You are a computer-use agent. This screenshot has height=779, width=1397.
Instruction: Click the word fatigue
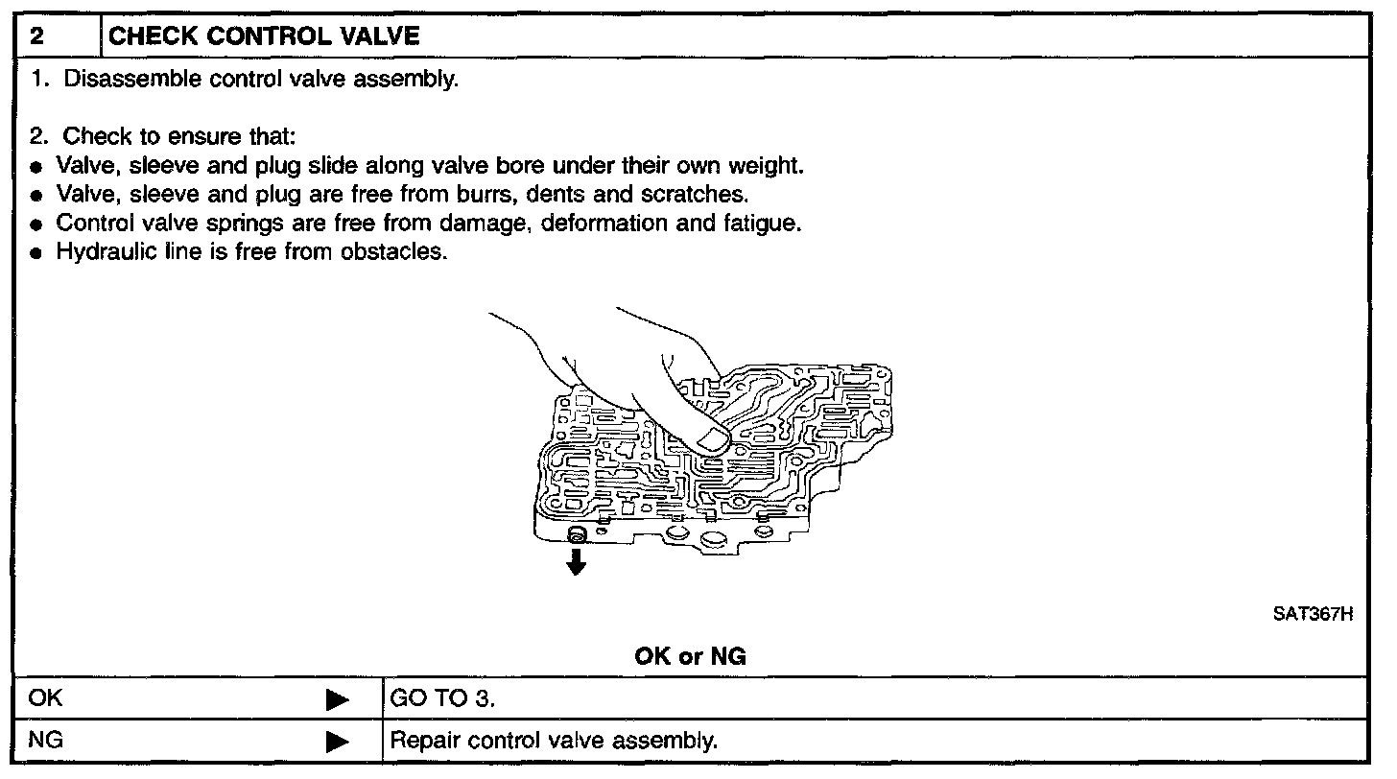pyautogui.click(x=766, y=224)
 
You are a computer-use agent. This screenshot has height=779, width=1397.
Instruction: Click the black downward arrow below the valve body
pyautogui.click(x=576, y=562)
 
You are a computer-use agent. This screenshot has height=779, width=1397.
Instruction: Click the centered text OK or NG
pyautogui.click(x=690, y=657)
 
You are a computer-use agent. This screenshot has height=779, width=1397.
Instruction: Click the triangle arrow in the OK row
pyautogui.click(x=336, y=699)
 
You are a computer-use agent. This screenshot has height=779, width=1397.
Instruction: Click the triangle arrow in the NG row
pyautogui.click(x=336, y=743)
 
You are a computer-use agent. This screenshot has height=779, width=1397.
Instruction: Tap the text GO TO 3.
pyautogui.click(x=442, y=698)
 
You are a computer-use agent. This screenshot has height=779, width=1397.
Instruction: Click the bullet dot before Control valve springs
pyautogui.click(x=36, y=225)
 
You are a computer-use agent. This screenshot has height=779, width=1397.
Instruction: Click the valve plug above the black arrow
pyautogui.click(x=576, y=533)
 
